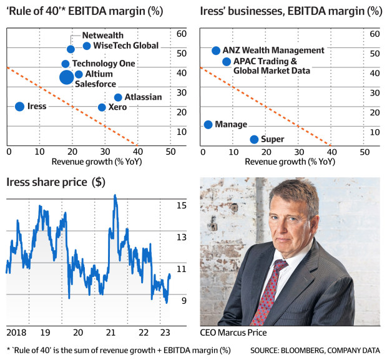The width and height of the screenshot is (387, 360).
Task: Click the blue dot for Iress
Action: [x=19, y=107]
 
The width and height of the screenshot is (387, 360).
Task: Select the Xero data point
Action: [x=102, y=107]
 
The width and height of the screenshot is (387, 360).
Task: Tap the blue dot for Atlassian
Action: [x=118, y=97]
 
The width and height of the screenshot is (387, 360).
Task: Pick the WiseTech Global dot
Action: [x=87, y=46]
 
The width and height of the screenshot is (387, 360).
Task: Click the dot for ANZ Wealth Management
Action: [x=216, y=51]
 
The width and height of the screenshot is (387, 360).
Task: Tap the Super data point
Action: [x=254, y=139]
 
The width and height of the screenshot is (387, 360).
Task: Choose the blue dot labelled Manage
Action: [x=208, y=125]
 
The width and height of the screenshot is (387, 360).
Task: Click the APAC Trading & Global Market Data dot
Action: [x=226, y=61]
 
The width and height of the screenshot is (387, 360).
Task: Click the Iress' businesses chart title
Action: [x=290, y=11]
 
